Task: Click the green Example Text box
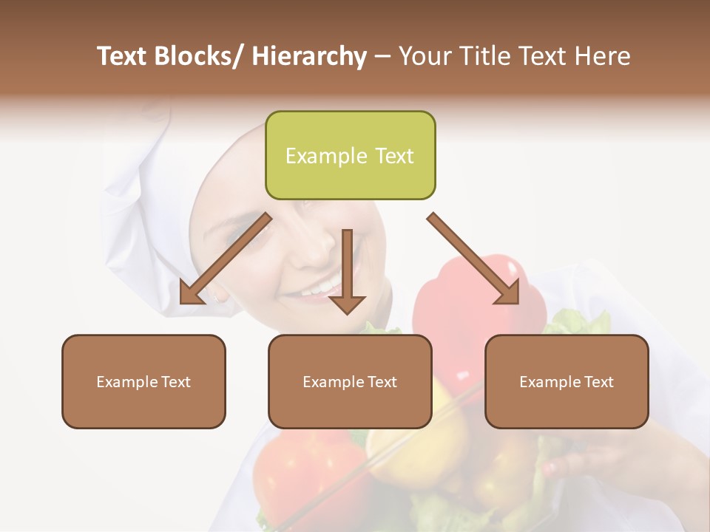(350, 155)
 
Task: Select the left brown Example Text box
(143, 381)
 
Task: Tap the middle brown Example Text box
(350, 381)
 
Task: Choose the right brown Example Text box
(567, 381)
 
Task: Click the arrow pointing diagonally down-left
(226, 259)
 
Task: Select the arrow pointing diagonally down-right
(473, 259)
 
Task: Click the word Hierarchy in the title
(308, 56)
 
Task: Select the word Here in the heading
(603, 56)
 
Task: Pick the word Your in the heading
(425, 56)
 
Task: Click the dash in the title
(382, 56)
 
